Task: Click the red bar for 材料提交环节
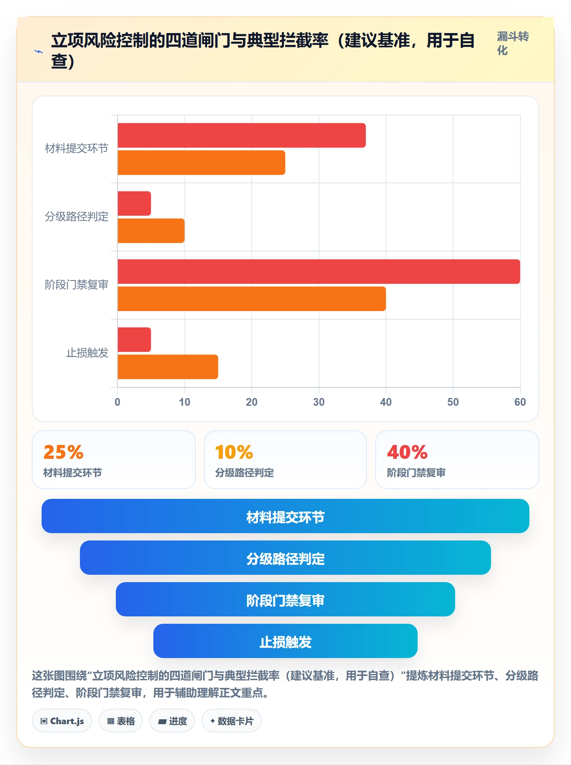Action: [241, 136]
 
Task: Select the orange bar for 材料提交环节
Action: [201, 162]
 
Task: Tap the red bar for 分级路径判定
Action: [134, 203]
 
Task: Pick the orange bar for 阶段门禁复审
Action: [252, 299]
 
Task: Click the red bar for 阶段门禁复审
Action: [319, 271]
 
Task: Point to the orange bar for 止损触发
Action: [168, 367]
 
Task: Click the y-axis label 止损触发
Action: [87, 353]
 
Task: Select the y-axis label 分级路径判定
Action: [77, 216]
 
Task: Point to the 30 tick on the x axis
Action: [319, 402]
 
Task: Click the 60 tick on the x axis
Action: [520, 402]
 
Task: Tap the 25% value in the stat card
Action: [63, 452]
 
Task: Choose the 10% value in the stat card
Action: [234, 452]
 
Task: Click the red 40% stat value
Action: [407, 452]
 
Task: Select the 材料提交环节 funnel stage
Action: [285, 516]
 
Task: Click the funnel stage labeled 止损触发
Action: [285, 641]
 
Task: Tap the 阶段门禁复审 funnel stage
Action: [285, 599]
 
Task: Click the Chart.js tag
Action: [62, 721]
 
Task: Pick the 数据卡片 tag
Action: [232, 721]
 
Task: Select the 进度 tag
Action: [172, 721]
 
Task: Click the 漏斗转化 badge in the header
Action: [513, 43]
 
